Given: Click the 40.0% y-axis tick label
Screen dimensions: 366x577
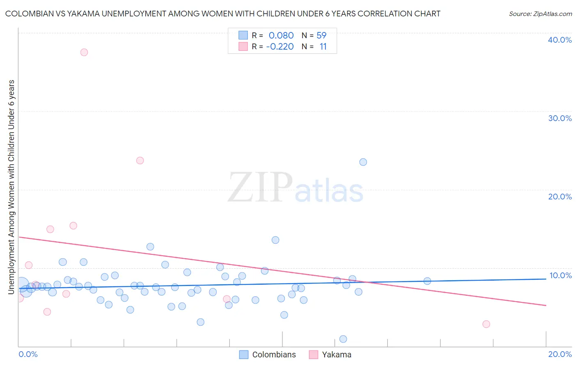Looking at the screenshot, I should point(559,40).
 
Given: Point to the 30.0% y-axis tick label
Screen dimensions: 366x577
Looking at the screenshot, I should point(559,118).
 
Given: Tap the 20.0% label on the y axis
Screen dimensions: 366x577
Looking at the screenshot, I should point(559,197).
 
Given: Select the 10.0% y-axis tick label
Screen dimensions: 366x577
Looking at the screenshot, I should point(560,275).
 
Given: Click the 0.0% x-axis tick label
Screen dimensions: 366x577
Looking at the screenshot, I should point(28,354).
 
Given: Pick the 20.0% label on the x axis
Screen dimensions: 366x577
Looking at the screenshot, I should point(560,354).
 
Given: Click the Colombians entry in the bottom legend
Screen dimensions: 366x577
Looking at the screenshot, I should point(274,355).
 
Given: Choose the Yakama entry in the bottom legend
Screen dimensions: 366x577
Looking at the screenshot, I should point(337,355).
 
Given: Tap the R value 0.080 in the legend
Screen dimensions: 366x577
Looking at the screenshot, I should point(281,36).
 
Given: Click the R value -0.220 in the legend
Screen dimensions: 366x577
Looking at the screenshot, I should point(280,47).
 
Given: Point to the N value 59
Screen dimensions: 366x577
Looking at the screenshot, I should point(321,36).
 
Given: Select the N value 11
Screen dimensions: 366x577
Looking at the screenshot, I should point(323,47).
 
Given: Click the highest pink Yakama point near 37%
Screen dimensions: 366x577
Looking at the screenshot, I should point(84,52).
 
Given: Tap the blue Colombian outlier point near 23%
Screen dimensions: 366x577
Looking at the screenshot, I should point(363,162).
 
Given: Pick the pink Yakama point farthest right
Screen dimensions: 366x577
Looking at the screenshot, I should point(486,324).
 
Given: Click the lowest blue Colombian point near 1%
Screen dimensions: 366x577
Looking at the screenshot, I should point(343,339).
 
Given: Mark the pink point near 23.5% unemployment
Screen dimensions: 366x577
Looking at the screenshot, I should point(140,160).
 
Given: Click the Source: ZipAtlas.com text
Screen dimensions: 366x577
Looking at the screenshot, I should point(540,14).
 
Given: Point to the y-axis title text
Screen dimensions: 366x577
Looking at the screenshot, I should point(11,187).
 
